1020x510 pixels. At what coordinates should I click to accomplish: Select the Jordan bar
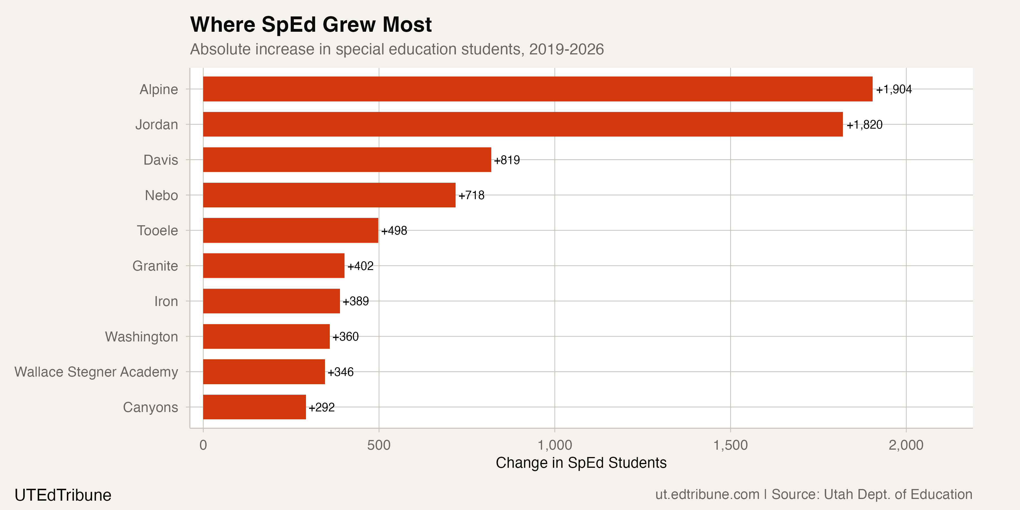click(x=523, y=124)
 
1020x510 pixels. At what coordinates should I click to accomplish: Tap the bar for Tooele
click(x=291, y=230)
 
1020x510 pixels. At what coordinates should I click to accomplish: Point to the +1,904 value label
click(x=893, y=90)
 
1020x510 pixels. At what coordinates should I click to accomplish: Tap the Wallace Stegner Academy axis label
click(x=96, y=372)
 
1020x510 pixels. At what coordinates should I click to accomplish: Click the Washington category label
click(x=141, y=337)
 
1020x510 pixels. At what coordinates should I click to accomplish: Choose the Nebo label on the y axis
click(x=161, y=195)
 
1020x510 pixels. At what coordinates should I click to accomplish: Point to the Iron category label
click(x=166, y=302)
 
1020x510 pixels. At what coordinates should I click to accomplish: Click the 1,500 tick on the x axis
click(x=730, y=445)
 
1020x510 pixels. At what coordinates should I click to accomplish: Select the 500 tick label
click(x=379, y=445)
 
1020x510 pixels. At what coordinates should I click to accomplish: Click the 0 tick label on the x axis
click(x=203, y=445)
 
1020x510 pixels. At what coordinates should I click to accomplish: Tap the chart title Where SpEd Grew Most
click(x=311, y=25)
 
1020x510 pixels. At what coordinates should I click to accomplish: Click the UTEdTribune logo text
click(x=63, y=495)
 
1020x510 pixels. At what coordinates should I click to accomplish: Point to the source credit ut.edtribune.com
click(x=707, y=494)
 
